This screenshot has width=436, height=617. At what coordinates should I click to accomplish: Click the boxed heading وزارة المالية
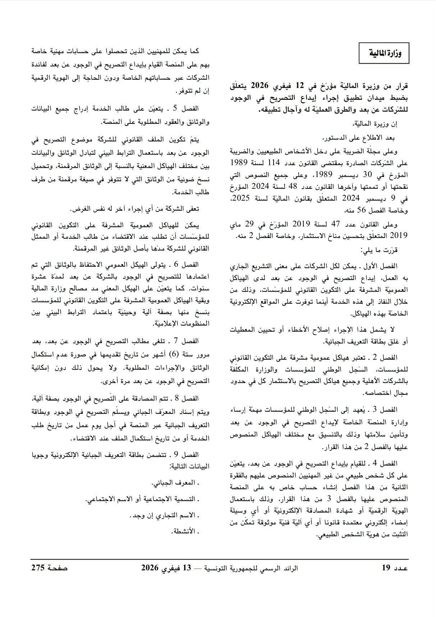[384, 53]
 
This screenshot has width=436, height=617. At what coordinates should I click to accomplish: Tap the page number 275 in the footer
[38, 568]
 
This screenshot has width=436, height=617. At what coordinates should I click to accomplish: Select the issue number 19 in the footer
[386, 568]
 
